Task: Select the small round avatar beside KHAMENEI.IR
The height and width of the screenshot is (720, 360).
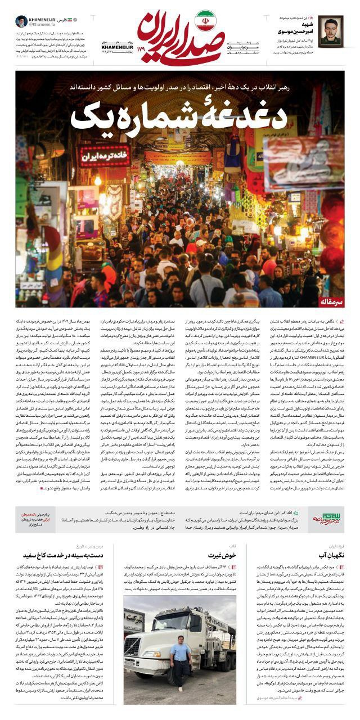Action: coord(21,22)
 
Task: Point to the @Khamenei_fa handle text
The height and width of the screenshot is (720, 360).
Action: coord(43,25)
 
